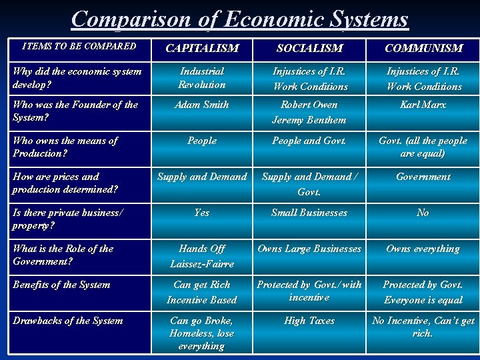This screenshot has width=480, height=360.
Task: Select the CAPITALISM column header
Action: click(x=202, y=48)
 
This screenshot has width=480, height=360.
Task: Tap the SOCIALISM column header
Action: click(x=309, y=48)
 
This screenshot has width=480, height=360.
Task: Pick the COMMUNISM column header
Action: click(x=423, y=48)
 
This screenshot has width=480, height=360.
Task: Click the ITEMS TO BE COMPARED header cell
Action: click(x=79, y=47)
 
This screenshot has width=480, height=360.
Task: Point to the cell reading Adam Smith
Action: click(x=202, y=105)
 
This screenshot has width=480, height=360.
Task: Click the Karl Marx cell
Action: click(x=423, y=105)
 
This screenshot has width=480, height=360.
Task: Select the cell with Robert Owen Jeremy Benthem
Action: click(x=309, y=112)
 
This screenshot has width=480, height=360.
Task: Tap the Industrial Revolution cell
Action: click(x=202, y=77)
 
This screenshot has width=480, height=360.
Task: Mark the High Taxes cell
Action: click(x=309, y=321)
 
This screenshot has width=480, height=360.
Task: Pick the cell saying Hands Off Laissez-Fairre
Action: click(x=202, y=256)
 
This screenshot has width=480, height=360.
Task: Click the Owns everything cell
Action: click(x=423, y=249)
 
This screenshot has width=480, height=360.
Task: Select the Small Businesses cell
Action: click(x=309, y=213)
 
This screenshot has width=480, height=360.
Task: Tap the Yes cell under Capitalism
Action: click(x=202, y=213)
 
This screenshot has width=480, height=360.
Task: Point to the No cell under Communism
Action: click(x=423, y=213)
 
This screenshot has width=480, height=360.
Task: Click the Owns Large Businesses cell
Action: click(x=309, y=249)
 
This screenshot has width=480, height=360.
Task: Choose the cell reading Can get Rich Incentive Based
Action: click(x=202, y=292)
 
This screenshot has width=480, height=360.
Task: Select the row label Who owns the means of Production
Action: click(x=65, y=147)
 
